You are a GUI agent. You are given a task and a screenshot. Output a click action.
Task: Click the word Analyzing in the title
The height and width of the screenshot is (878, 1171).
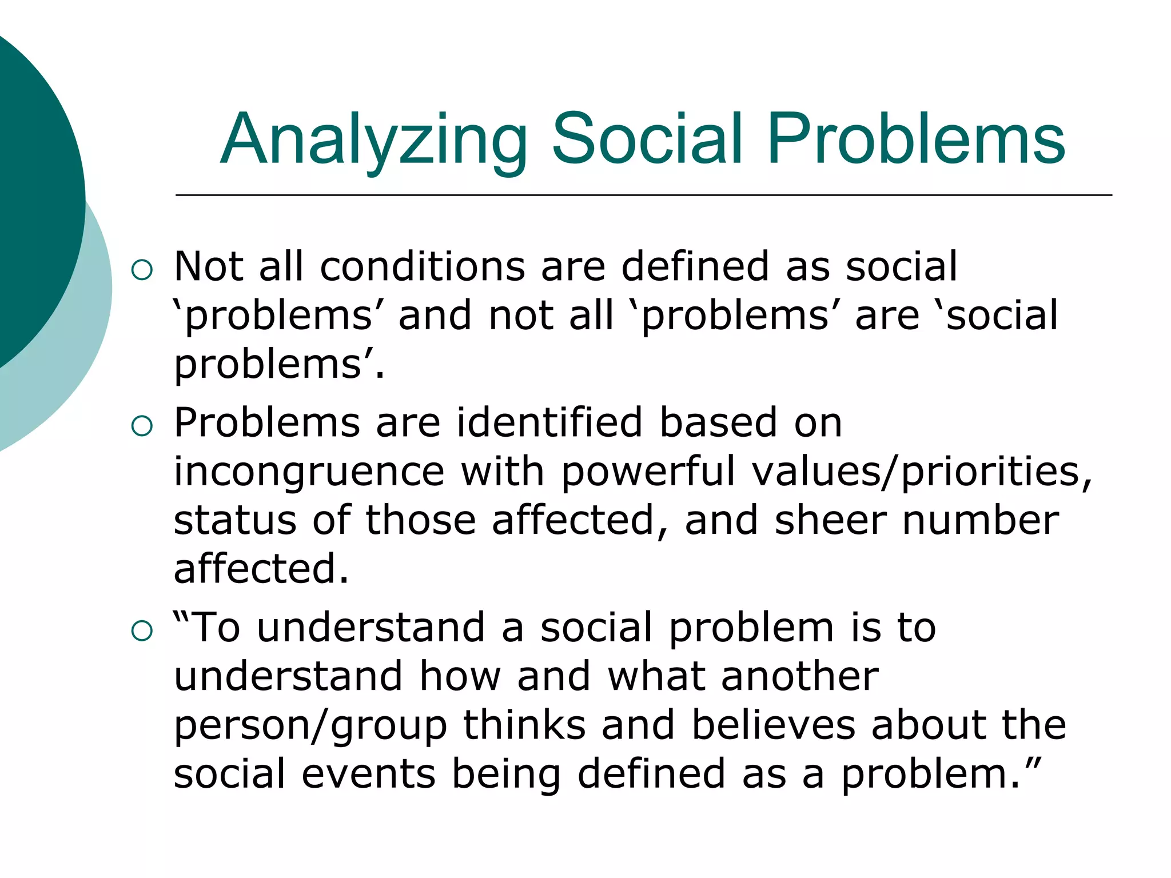coord(374,141)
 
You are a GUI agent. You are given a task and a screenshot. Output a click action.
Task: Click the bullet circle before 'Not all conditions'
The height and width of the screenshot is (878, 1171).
coord(142,270)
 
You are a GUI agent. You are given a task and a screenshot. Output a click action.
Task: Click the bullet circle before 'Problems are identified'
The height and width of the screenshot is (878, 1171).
coord(142,426)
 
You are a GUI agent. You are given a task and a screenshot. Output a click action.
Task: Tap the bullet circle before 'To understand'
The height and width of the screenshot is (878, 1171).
coord(142,631)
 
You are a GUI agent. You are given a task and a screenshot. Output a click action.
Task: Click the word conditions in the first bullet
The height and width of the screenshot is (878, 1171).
coord(422,266)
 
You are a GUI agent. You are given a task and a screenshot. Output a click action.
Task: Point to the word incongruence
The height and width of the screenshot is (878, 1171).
coord(309,472)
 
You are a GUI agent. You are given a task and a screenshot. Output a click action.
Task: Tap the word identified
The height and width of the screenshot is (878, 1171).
coord(549,423)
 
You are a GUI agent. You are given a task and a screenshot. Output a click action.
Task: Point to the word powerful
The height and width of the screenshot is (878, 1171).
coord(647,472)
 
